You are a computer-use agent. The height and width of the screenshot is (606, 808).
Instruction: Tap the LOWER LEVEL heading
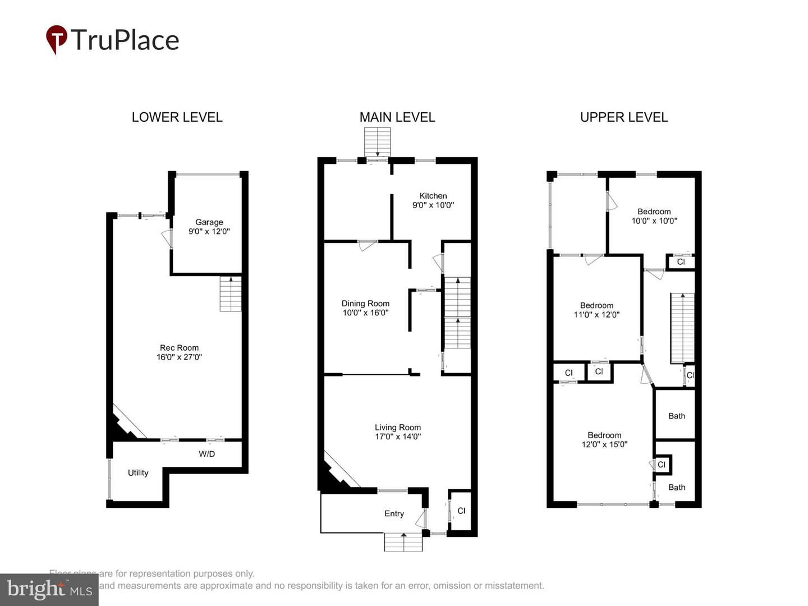coord(177,117)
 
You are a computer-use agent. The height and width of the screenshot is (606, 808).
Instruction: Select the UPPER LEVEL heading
coord(624,117)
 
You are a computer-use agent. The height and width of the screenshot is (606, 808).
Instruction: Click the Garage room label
coord(209,222)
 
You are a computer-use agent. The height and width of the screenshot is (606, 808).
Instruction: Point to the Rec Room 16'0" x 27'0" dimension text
coord(179,357)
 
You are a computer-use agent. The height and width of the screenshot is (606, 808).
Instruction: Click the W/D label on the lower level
coord(206,454)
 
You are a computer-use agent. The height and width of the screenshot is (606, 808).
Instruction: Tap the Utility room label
coord(138,472)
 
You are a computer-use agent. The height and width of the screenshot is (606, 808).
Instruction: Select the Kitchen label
coord(433,196)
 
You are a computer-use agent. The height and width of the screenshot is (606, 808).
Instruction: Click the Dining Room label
coord(365,304)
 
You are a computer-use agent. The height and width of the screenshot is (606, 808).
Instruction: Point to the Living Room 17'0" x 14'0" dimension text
coord(398,437)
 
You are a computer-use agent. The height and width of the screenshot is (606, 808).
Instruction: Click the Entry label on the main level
coord(394,513)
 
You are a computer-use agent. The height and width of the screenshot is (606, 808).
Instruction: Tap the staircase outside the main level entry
coord(403,542)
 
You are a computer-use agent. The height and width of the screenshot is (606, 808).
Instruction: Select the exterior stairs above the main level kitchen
coord(377,142)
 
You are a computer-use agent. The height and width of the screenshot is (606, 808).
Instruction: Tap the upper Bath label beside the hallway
coord(677,416)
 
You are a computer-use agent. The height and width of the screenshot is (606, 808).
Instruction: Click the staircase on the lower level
coord(230,294)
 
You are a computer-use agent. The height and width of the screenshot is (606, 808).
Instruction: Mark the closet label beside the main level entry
coord(461,511)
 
